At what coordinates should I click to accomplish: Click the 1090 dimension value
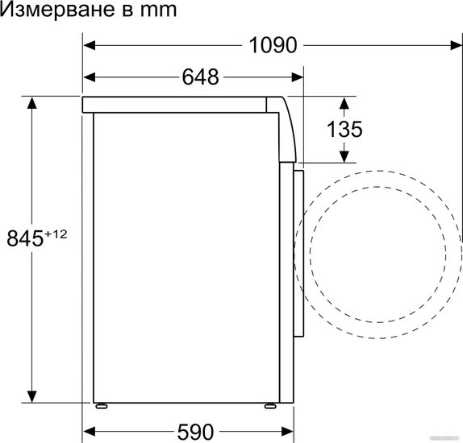(x=273, y=45)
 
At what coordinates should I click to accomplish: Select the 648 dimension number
(x=201, y=77)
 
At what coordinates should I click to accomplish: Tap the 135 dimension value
(x=344, y=129)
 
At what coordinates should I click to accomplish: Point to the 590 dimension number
(x=195, y=432)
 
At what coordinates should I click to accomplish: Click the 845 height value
(x=25, y=238)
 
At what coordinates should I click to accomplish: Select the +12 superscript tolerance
(x=56, y=234)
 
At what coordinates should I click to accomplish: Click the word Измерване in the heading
(x=57, y=9)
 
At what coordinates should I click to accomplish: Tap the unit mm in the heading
(x=158, y=10)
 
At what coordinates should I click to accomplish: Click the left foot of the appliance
(x=102, y=406)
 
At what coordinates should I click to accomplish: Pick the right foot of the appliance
(x=270, y=406)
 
